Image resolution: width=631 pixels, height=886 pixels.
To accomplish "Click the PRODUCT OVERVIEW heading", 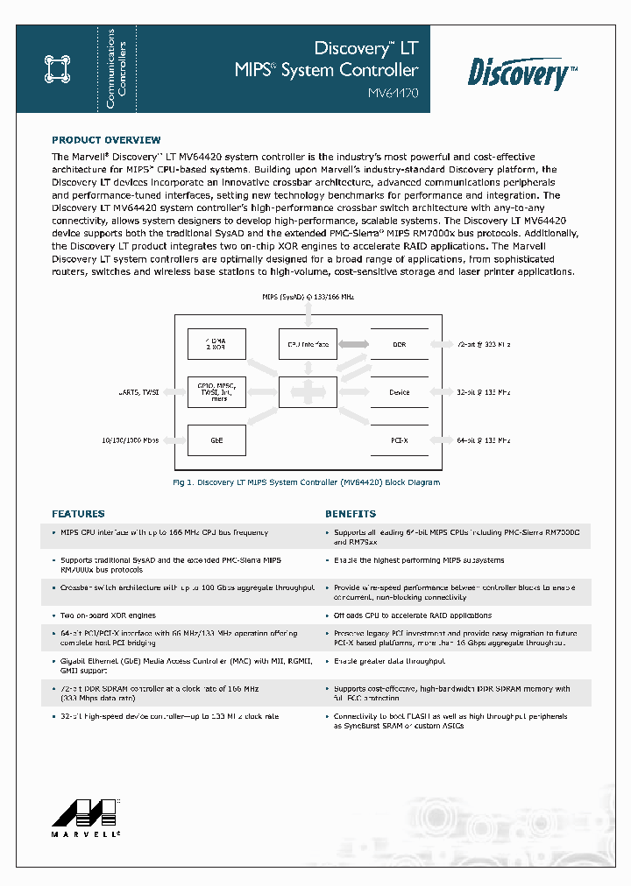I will [106, 140].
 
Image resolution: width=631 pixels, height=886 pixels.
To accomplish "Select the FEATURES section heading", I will [78, 514].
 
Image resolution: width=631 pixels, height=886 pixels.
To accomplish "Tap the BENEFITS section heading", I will [351, 514].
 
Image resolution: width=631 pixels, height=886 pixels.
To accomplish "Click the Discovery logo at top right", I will [522, 72].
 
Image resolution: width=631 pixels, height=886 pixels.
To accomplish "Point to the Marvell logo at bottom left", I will [85, 819].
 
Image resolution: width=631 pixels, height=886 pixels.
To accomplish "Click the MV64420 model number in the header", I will [393, 92].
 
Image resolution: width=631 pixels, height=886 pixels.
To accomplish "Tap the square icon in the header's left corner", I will [56, 69].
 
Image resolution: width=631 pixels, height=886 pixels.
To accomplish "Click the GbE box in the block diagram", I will [217, 440].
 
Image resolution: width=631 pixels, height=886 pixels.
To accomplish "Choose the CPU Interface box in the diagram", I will [308, 345].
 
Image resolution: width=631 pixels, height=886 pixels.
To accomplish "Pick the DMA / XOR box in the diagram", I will [217, 345].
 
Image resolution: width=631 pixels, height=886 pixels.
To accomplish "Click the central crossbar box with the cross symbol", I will [308, 392].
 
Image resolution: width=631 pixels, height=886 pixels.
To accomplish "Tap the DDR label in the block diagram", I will [399, 345].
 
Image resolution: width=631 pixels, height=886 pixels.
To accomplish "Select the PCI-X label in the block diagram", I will [399, 440].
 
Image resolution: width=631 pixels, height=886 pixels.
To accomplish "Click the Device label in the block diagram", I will [399, 392].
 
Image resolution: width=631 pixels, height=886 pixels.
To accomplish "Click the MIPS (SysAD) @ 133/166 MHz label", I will [308, 298].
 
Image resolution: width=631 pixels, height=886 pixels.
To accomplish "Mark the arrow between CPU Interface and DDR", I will [353, 345].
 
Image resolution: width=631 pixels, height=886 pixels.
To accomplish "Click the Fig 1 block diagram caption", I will [306, 482].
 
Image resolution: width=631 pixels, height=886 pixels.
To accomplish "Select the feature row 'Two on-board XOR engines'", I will [109, 615].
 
